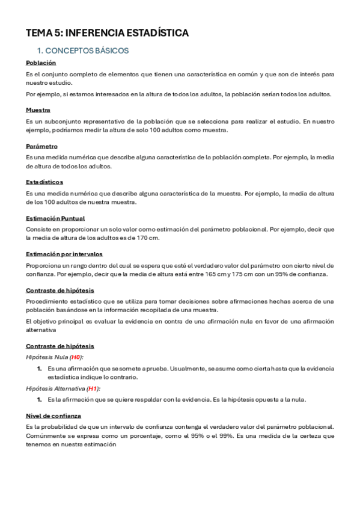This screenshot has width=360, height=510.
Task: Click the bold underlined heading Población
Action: tap(41, 63)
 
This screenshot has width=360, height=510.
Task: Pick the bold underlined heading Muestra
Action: tap(38, 110)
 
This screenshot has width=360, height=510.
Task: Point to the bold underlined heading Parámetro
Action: tap(41, 146)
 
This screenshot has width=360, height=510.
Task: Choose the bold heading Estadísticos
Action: tap(44, 182)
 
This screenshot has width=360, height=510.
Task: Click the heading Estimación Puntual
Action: tap(55, 218)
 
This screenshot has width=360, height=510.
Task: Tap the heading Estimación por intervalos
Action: tap(64, 254)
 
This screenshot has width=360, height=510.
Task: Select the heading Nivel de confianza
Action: tap(53, 416)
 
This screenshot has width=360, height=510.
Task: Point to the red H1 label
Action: tap(92, 388)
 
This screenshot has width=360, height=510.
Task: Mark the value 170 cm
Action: tap(148, 238)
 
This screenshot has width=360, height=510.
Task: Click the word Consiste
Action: tap(38, 229)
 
